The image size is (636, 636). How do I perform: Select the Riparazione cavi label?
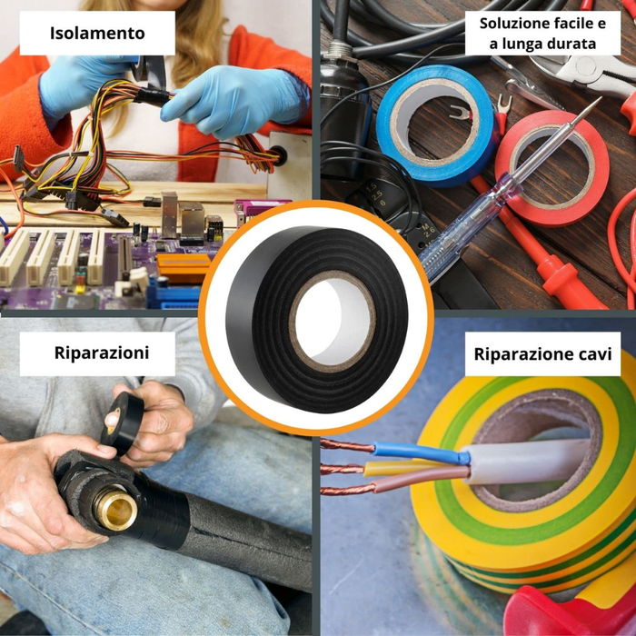pyautogui.click(x=542, y=353)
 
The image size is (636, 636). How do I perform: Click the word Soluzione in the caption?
pyautogui.click(x=514, y=22)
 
